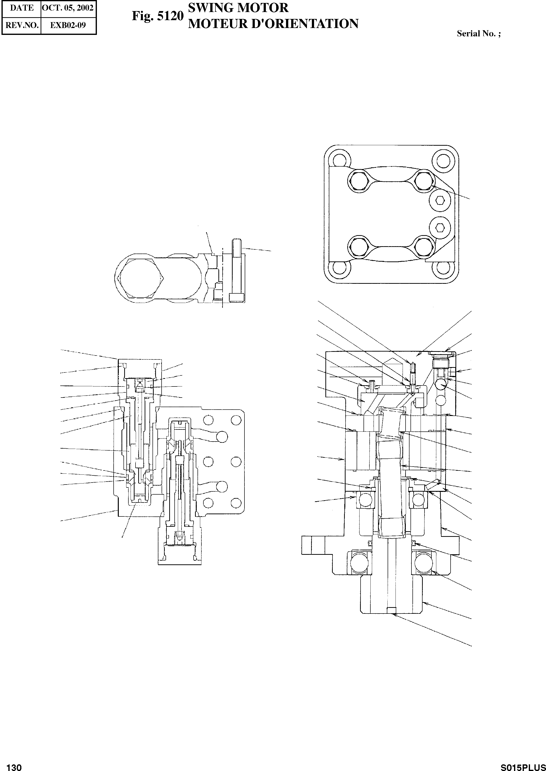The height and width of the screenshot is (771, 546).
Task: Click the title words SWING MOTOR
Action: pos(238,8)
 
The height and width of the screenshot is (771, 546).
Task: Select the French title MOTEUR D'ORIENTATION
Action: pos(273,24)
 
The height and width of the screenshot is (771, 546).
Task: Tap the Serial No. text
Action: pos(478,34)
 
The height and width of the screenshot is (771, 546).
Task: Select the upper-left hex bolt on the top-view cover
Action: pos(359,182)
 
